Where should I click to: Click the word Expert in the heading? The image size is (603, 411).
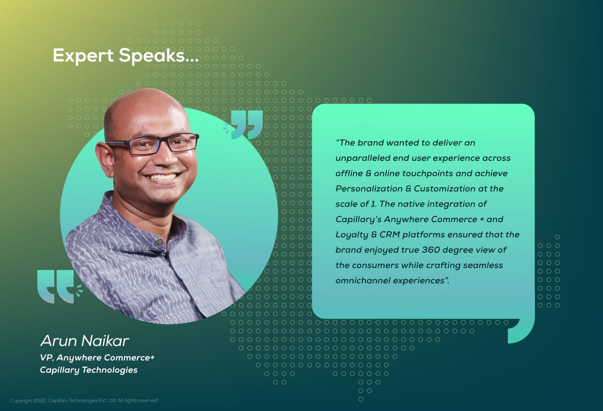click(83, 56)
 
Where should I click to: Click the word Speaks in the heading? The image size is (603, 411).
click(152, 55)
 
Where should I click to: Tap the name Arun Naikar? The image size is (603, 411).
click(85, 341)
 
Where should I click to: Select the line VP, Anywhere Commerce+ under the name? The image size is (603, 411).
click(97, 358)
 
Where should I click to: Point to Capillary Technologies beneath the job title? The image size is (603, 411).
click(89, 370)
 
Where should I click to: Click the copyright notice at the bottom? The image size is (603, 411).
click(84, 400)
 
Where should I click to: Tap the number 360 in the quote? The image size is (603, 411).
click(430, 250)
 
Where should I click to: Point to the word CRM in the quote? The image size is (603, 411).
click(389, 235)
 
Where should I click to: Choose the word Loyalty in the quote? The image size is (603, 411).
click(352, 235)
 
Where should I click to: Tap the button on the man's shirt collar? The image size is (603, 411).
click(160, 241)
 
